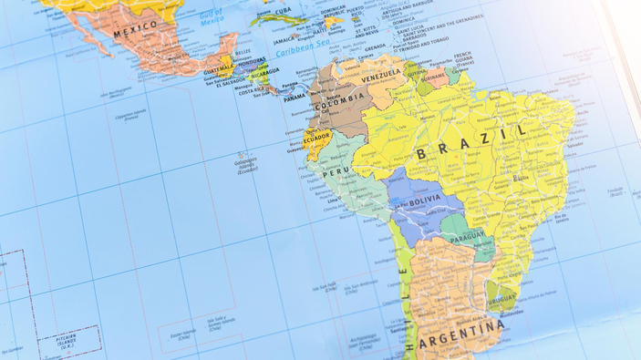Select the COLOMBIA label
pyautogui.click(x=339, y=103)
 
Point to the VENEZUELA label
pyautogui.click(x=381, y=76)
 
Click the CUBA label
pyautogui.click(x=284, y=11)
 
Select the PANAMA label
pyautogui.click(x=294, y=98)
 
